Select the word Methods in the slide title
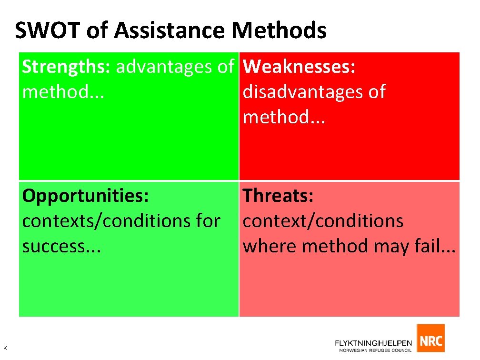[279, 30]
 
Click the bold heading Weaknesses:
[299, 67]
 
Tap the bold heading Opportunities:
[86, 196]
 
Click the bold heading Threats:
[278, 196]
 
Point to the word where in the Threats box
[270, 246]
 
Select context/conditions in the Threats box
[323, 221]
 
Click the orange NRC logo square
[430, 339]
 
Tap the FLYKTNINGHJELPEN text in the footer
[374, 342]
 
